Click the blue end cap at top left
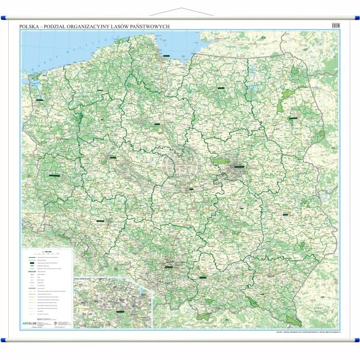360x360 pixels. click(x=4, y=19)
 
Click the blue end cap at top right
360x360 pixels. click(x=356, y=19)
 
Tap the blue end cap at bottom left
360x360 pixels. click(x=4, y=339)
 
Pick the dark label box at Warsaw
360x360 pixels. click(x=240, y=166)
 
